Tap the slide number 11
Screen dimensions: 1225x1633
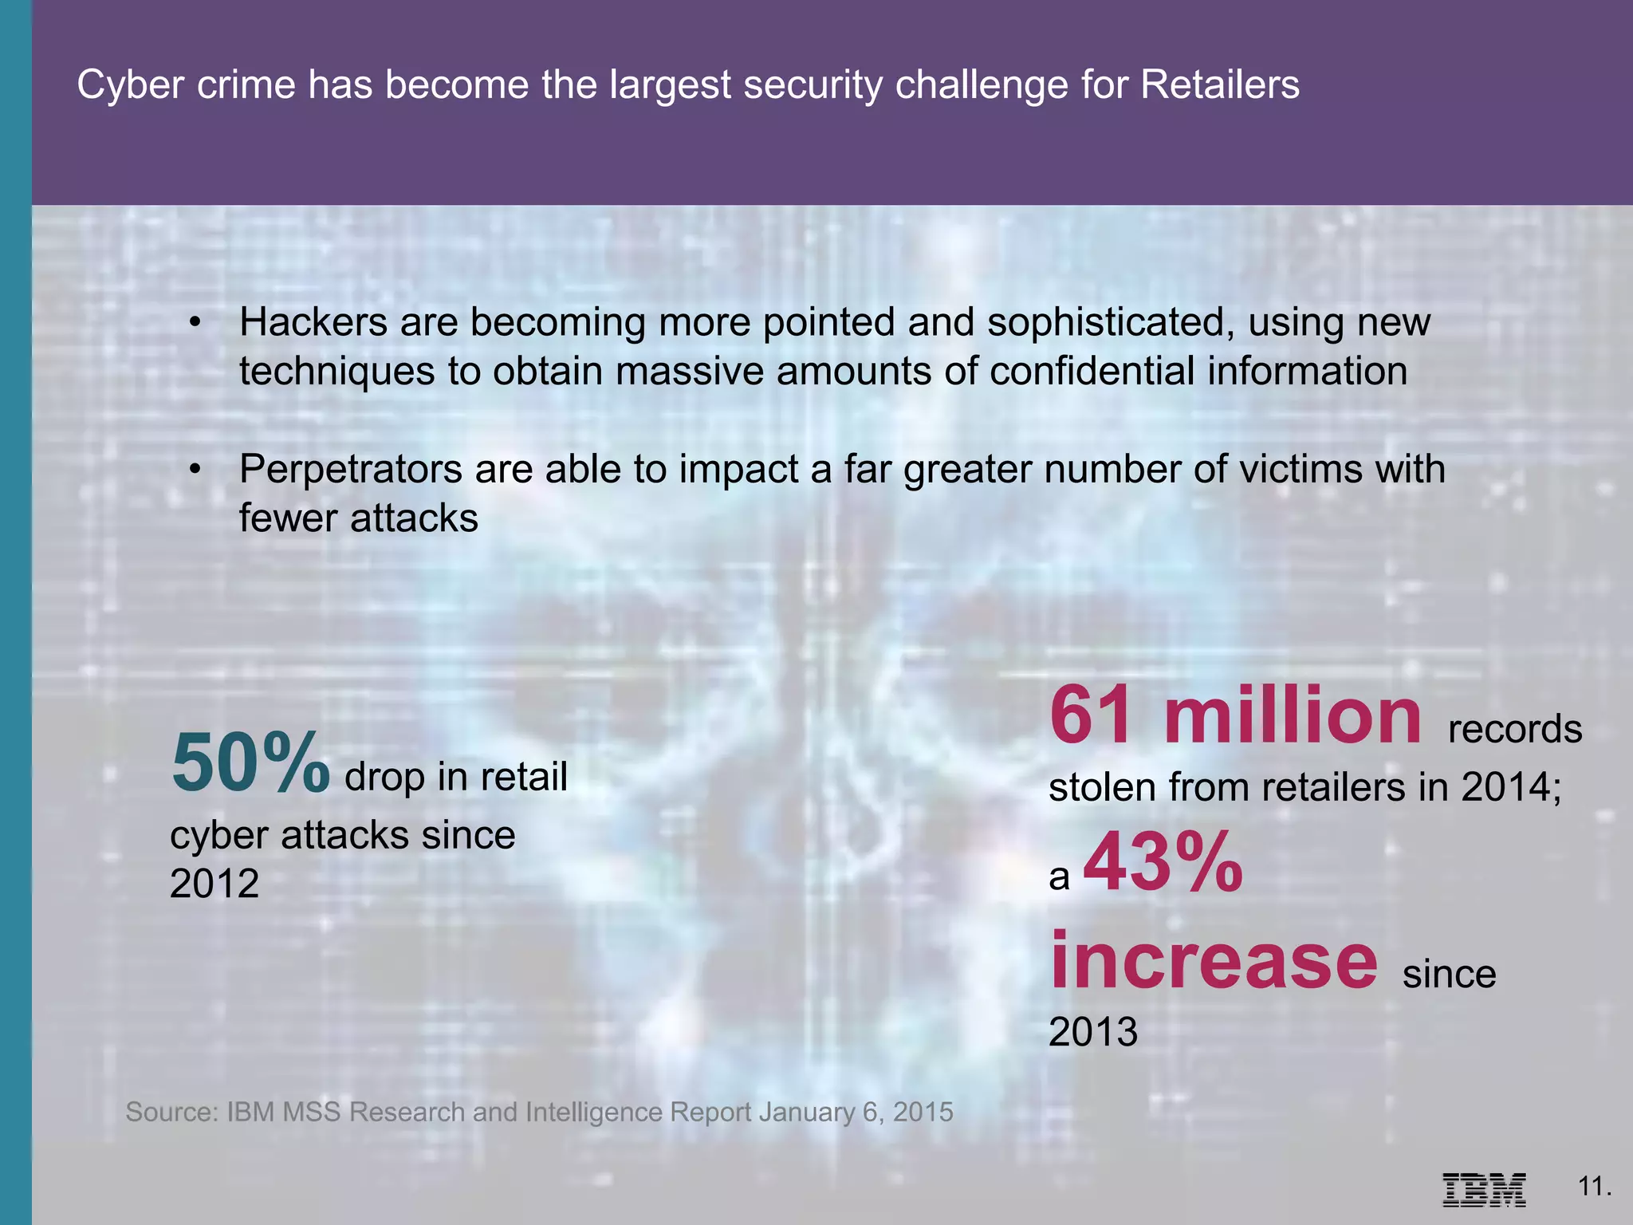pos(1594,1186)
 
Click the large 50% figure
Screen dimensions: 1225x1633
pos(250,763)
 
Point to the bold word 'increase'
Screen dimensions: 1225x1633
pos(1213,960)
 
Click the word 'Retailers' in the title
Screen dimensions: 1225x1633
pos(1220,85)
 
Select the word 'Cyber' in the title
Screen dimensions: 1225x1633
pos(131,85)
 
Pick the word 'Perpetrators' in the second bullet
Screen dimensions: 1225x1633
pos(351,469)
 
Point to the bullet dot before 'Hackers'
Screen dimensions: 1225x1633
pos(195,323)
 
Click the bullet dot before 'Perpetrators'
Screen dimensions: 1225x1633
pos(195,470)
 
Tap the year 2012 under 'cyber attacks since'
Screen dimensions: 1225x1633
pos(214,884)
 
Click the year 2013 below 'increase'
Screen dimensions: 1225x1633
pos(1093,1032)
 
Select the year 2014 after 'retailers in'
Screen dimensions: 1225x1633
pos(1506,788)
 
